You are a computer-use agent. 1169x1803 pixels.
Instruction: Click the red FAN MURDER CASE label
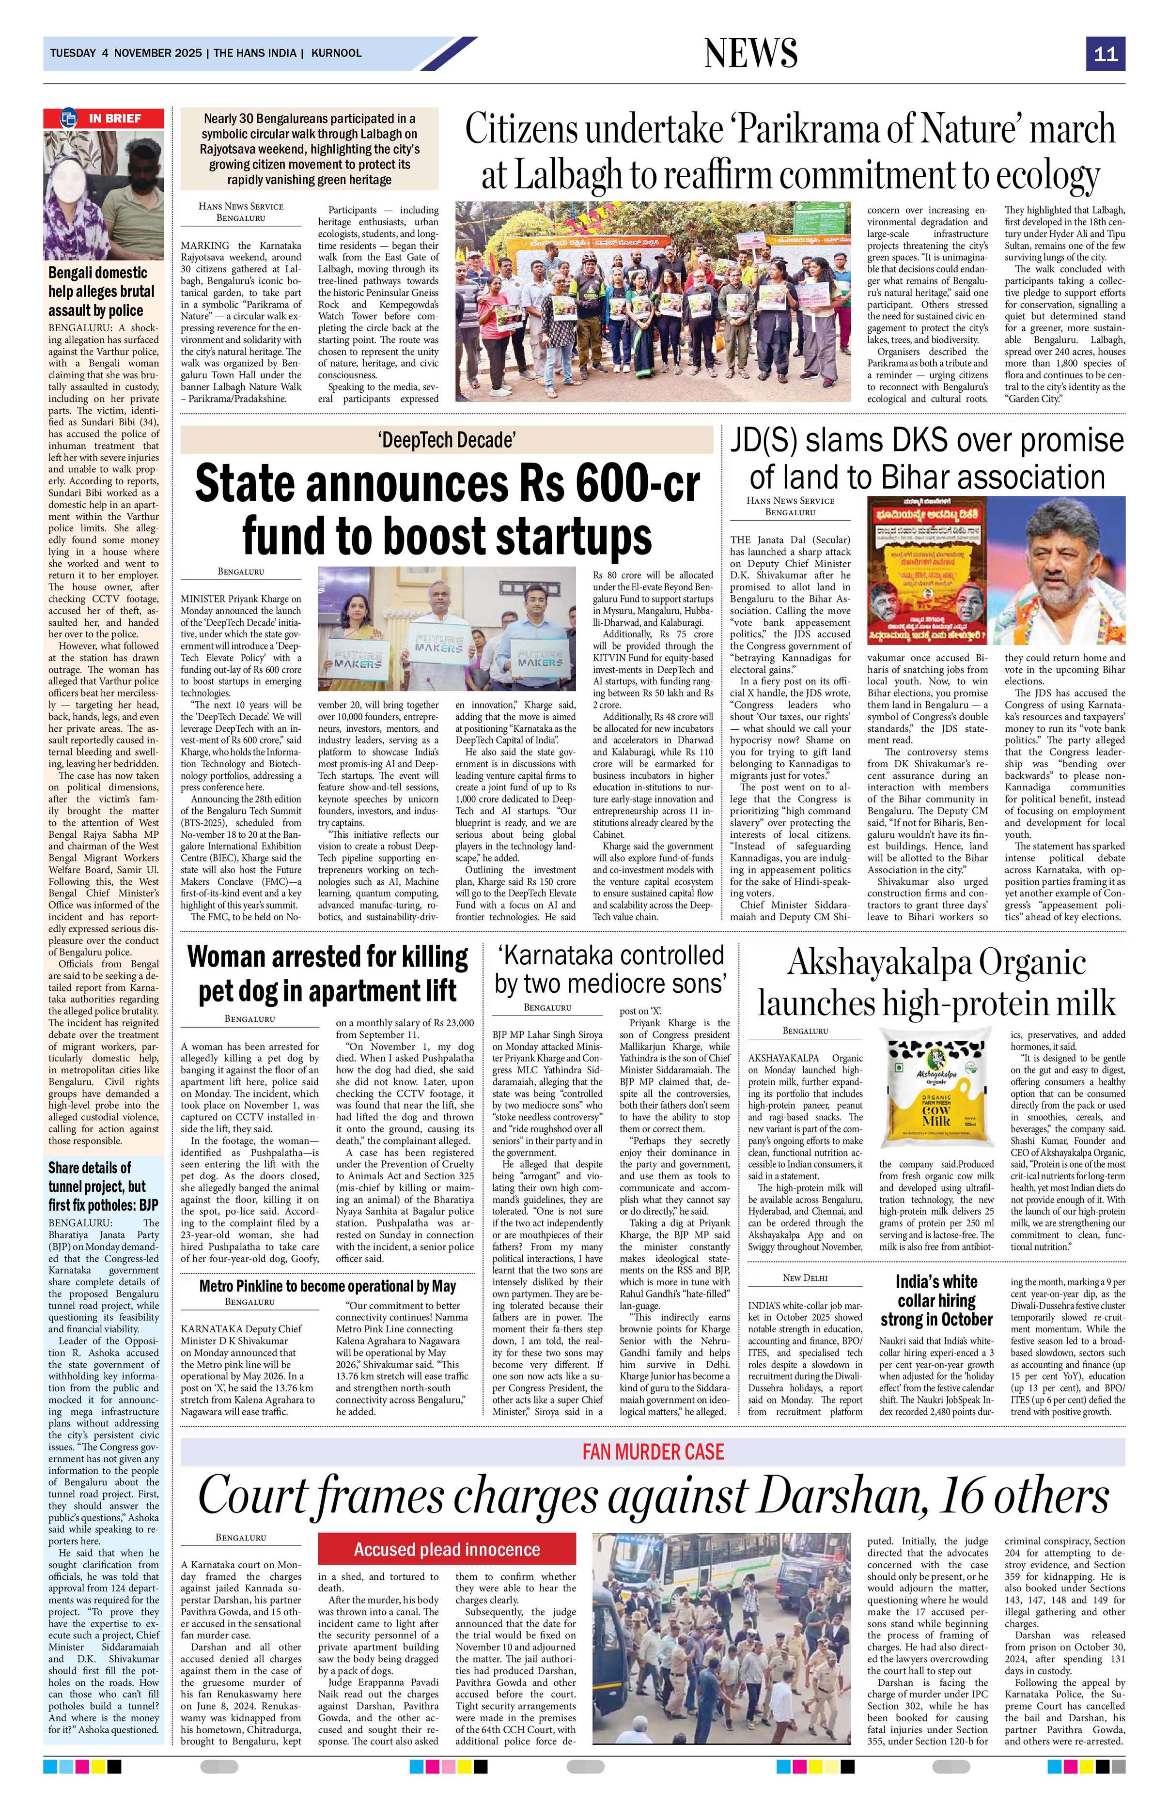(x=653, y=1451)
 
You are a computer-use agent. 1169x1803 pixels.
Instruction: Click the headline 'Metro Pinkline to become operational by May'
(x=327, y=1286)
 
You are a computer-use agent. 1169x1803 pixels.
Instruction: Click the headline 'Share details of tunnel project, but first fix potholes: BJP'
(x=97, y=1187)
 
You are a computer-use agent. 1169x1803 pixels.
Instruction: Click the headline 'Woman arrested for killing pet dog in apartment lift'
(x=327, y=973)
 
